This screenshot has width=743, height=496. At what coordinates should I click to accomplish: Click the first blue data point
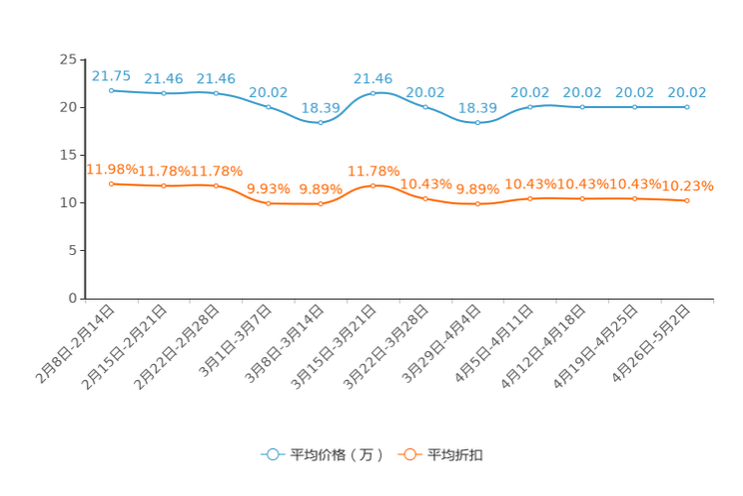[x=111, y=90]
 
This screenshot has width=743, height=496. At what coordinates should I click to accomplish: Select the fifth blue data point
[x=321, y=122]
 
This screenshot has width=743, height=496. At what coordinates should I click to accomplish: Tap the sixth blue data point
[x=372, y=93]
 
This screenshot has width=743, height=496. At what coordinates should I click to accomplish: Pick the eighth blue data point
[x=478, y=122]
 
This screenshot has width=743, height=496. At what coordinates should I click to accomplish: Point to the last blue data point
[x=687, y=106]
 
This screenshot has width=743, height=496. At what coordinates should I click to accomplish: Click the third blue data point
[x=216, y=93]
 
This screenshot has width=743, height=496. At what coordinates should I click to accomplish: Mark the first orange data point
[x=111, y=184]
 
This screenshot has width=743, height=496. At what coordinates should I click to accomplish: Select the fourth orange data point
[x=268, y=204]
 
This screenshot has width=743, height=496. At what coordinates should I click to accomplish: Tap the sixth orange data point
[x=372, y=185]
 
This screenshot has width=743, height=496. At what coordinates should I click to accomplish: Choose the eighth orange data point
[x=478, y=204]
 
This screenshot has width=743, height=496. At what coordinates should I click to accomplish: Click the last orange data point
[x=687, y=201]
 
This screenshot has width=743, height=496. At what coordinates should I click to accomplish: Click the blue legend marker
[x=272, y=454]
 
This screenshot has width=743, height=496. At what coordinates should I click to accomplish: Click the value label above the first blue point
[x=111, y=75]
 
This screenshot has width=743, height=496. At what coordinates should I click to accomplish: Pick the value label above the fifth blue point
[x=321, y=106]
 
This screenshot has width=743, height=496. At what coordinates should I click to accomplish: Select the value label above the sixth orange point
[x=372, y=170]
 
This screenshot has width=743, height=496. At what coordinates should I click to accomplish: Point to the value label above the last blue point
[x=687, y=92]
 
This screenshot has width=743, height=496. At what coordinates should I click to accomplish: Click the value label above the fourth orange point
[x=268, y=188]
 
